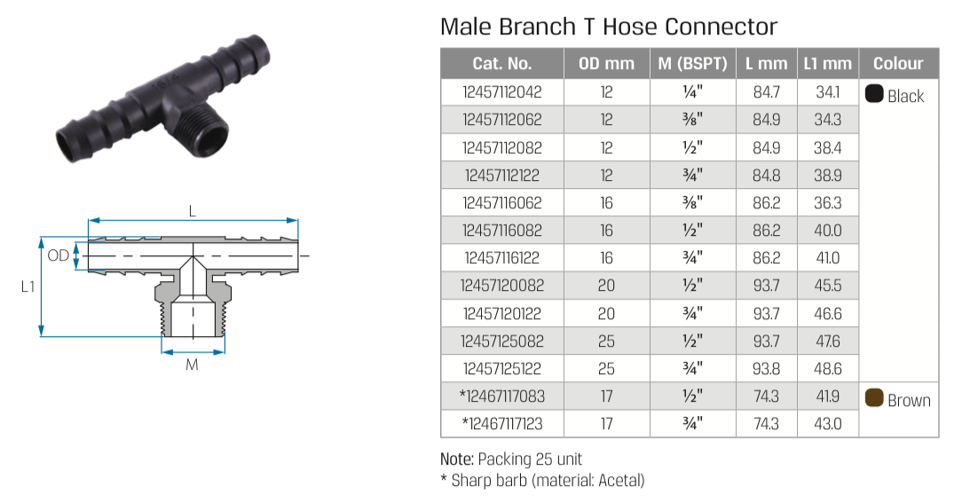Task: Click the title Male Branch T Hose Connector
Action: point(609,27)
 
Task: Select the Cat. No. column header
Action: point(501,64)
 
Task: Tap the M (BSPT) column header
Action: point(693,64)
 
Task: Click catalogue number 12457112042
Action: point(502,92)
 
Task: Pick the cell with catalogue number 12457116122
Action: point(502,258)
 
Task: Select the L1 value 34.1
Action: point(828,92)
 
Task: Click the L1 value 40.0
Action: point(828,230)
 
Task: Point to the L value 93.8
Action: point(767,368)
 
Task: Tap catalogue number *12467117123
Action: point(501,423)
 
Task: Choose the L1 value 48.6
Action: point(828,368)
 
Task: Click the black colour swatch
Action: point(874,94)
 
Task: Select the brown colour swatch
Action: point(874,397)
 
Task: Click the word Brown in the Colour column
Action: point(909,401)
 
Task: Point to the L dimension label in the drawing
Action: point(193,211)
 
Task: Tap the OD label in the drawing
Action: point(59,255)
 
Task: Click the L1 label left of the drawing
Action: point(28,286)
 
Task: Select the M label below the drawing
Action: point(193,365)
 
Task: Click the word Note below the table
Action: point(456,459)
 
